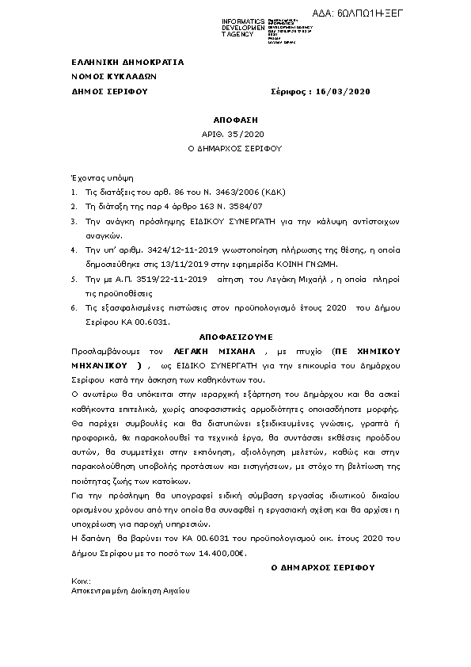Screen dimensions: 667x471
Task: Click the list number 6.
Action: pyautogui.click(x=74, y=307)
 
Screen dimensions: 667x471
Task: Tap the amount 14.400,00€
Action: pyautogui.click(x=222, y=552)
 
